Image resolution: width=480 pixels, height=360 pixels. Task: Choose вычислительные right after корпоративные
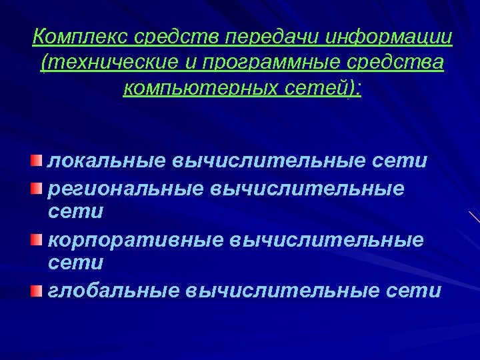pyautogui.click(x=327, y=239)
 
